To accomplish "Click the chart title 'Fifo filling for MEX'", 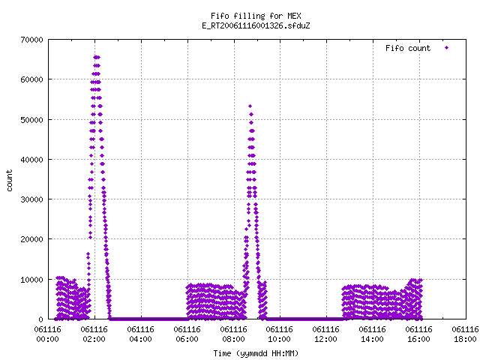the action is point(256,16).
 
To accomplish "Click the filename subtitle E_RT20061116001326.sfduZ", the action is point(256,25).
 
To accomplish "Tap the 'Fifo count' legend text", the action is point(408,48).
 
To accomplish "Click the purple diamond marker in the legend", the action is point(446,48).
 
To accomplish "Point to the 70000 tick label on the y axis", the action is point(31,40).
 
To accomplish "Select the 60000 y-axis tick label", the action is point(31,79).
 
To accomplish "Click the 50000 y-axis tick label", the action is point(31,120).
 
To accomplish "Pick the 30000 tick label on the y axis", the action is point(31,199).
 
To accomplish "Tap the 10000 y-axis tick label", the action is point(31,280).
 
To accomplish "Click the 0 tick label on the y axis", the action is point(40,319).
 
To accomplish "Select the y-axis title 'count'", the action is point(10,181).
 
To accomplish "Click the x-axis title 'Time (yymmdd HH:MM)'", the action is point(256,353).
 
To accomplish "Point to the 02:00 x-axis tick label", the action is point(94,339).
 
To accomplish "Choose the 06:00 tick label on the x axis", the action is point(187,339).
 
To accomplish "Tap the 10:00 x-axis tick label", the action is point(280,339).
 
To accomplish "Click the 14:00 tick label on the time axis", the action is point(372,339).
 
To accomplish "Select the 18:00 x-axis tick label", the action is point(465,339).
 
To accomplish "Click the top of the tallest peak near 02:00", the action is point(97,57).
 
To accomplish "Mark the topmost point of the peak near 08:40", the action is point(250,106).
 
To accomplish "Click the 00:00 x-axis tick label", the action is point(48,339).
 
